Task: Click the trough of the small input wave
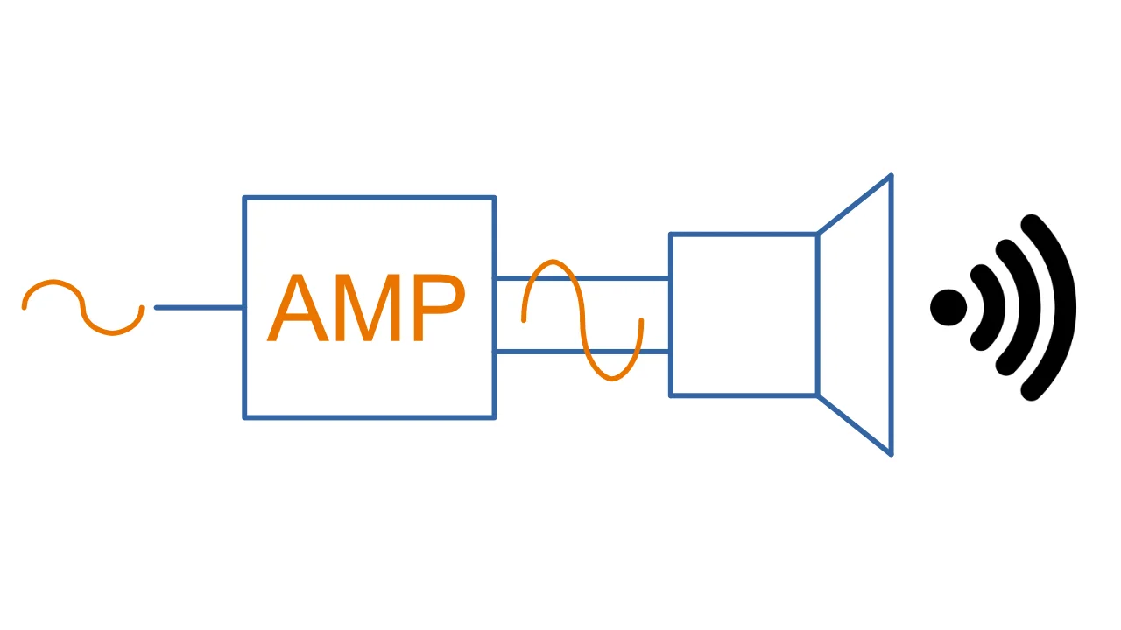pos(111,332)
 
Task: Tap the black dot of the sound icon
pos(948,307)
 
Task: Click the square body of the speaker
pos(744,315)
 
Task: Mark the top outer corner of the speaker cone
pos(891,177)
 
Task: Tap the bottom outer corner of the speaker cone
pos(891,453)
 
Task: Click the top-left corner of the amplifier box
pos(245,199)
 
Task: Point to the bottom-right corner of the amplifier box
pos(495,416)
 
